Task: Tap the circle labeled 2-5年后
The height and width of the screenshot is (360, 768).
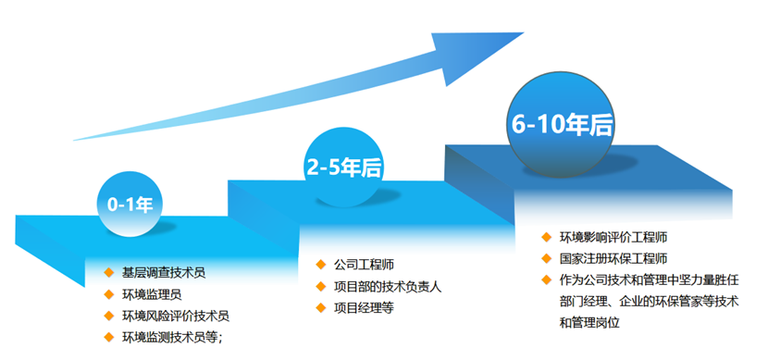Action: pyautogui.click(x=343, y=167)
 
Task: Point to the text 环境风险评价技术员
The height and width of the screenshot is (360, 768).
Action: pyautogui.click(x=176, y=317)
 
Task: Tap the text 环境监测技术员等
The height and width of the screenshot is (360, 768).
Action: pyautogui.click(x=172, y=338)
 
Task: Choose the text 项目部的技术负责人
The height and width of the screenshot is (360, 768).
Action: pyautogui.click(x=388, y=286)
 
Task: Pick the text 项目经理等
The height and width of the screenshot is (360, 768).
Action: pyautogui.click(x=364, y=308)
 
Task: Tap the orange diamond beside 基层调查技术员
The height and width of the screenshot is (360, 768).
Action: pyautogui.click(x=108, y=273)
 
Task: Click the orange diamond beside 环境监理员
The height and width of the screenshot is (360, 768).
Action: pyautogui.click(x=108, y=295)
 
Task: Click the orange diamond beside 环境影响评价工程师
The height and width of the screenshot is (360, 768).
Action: pyautogui.click(x=547, y=237)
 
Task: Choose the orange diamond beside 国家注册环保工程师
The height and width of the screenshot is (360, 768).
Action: pyautogui.click(x=547, y=258)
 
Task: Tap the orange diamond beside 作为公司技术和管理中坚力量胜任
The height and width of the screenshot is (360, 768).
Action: pyautogui.click(x=547, y=279)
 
